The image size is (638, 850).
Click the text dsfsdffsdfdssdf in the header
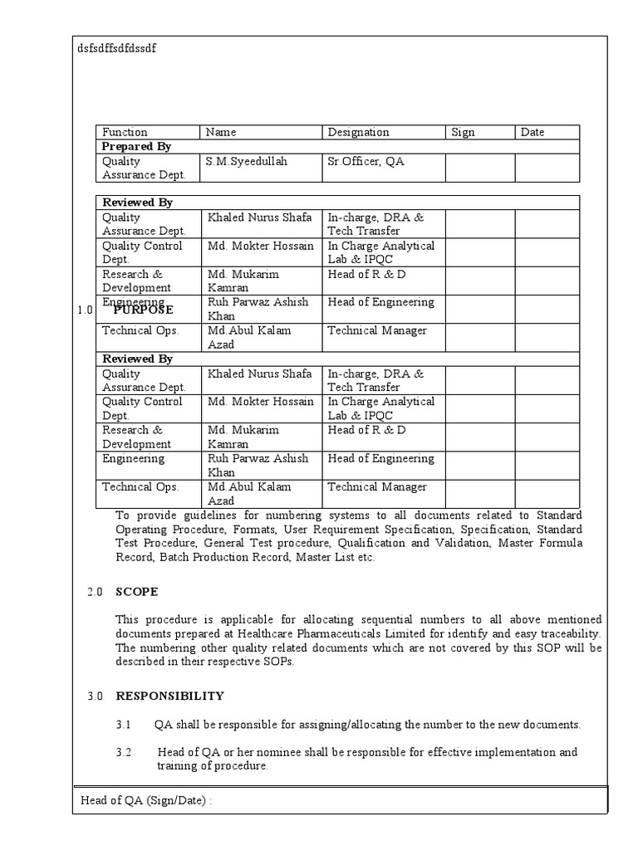[116, 48]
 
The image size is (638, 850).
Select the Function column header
[125, 132]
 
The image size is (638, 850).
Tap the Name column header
[221, 132]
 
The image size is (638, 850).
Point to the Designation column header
[358, 132]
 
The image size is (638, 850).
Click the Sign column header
[463, 132]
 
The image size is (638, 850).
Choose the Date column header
[532, 132]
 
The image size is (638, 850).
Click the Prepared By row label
[136, 146]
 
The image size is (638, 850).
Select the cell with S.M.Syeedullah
[246, 161]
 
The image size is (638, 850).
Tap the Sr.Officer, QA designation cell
[366, 161]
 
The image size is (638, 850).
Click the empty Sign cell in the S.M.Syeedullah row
[479, 168]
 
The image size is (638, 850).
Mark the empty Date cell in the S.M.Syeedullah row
[547, 168]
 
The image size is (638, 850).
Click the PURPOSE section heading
[144, 310]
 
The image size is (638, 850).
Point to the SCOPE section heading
[136, 592]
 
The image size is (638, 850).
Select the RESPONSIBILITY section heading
[169, 696]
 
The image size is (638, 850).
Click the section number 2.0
[95, 592]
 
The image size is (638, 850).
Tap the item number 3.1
[124, 725]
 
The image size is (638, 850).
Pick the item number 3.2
[124, 752]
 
